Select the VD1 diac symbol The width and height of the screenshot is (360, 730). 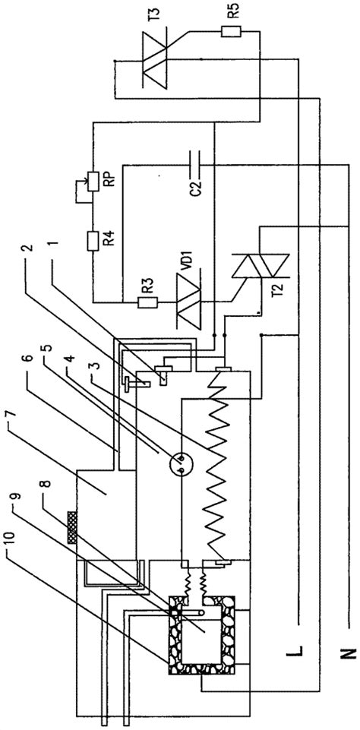pos(191,302)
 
